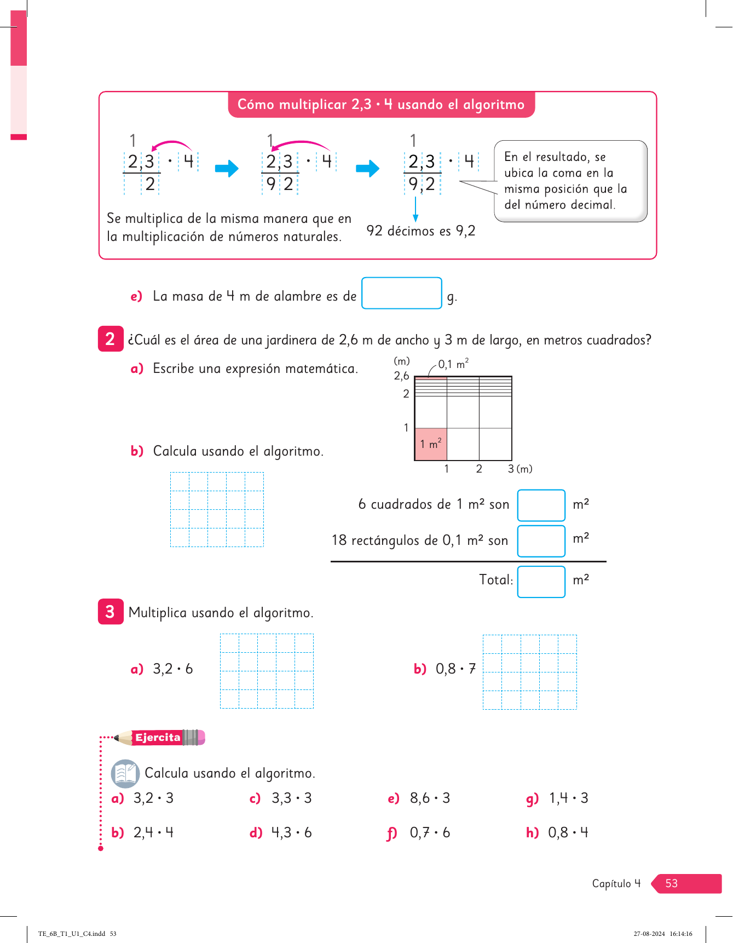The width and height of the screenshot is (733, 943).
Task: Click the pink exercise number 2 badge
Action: [110, 338]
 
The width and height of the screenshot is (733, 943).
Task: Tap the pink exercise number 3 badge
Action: [110, 611]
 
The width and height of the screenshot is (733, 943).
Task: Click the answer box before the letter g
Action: [401, 293]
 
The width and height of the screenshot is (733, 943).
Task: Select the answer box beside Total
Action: [541, 581]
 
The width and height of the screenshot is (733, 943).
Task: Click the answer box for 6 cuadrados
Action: [541, 505]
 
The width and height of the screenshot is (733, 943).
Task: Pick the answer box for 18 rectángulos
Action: [541, 540]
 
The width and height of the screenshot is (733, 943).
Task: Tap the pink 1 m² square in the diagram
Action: [431, 444]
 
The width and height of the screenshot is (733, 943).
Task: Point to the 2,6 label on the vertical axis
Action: [401, 376]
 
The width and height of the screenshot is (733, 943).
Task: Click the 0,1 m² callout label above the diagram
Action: [453, 364]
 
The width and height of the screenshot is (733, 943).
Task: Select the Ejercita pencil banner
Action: [160, 738]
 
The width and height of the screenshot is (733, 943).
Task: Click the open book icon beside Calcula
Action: [125, 773]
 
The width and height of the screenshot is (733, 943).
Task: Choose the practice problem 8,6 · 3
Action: [430, 798]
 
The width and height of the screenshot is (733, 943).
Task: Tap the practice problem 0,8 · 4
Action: [568, 832]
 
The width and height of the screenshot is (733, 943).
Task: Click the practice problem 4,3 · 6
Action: [291, 832]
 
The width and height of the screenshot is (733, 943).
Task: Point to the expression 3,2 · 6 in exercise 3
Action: [172, 669]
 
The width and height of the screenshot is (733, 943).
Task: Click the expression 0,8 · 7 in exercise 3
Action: [455, 669]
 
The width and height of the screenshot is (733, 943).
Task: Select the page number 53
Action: [672, 883]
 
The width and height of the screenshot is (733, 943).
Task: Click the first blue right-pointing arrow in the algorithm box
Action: [227, 168]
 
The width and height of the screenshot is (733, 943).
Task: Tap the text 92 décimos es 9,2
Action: [420, 231]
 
